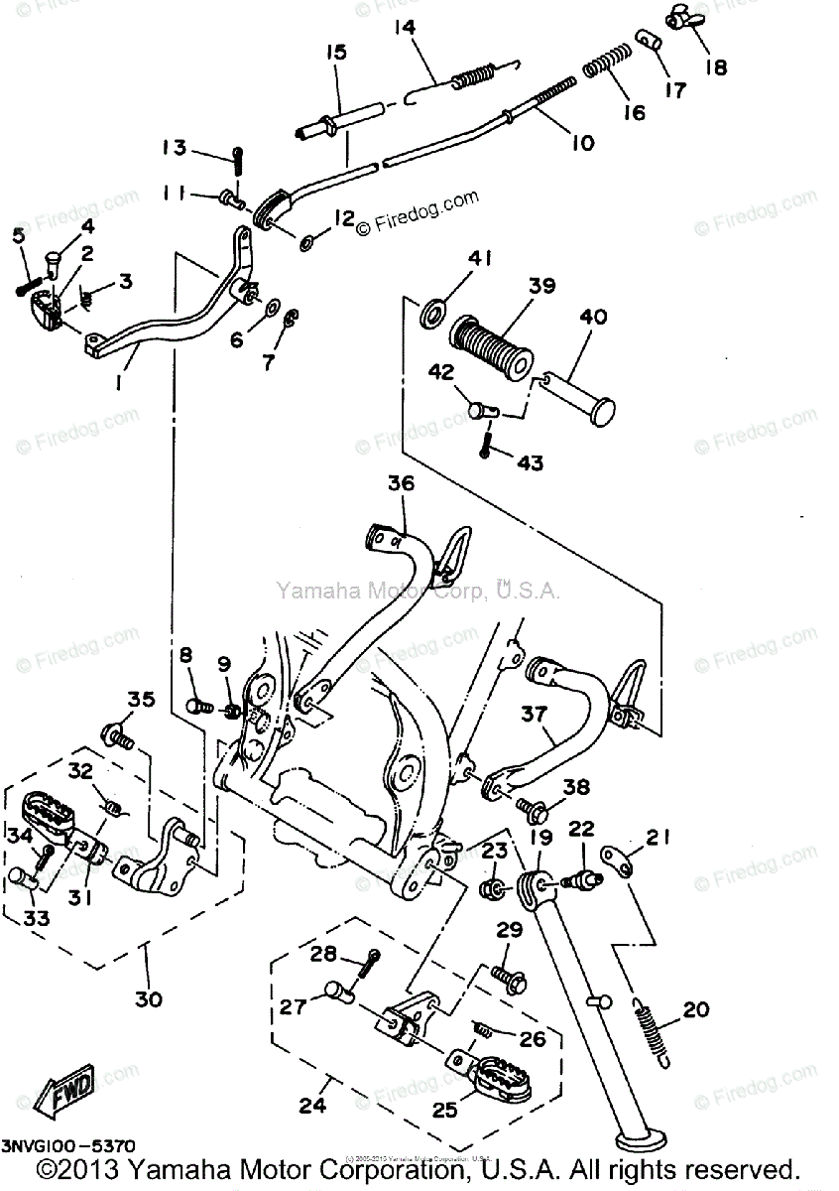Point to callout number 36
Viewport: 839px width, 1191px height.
tap(400, 485)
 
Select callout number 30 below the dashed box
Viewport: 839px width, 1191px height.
tap(148, 999)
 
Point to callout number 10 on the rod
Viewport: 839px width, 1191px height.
tap(582, 143)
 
